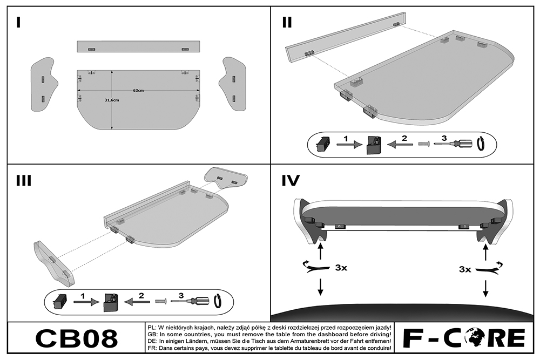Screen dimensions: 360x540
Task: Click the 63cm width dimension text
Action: click(139, 91)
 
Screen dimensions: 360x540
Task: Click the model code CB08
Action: click(76, 338)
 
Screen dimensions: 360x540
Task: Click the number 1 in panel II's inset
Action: click(346, 138)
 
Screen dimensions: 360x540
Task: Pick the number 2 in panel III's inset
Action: click(141, 295)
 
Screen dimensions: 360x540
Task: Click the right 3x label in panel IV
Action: click(464, 268)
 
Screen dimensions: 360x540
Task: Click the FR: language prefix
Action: click(152, 349)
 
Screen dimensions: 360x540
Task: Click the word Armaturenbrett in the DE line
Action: click(295, 342)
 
